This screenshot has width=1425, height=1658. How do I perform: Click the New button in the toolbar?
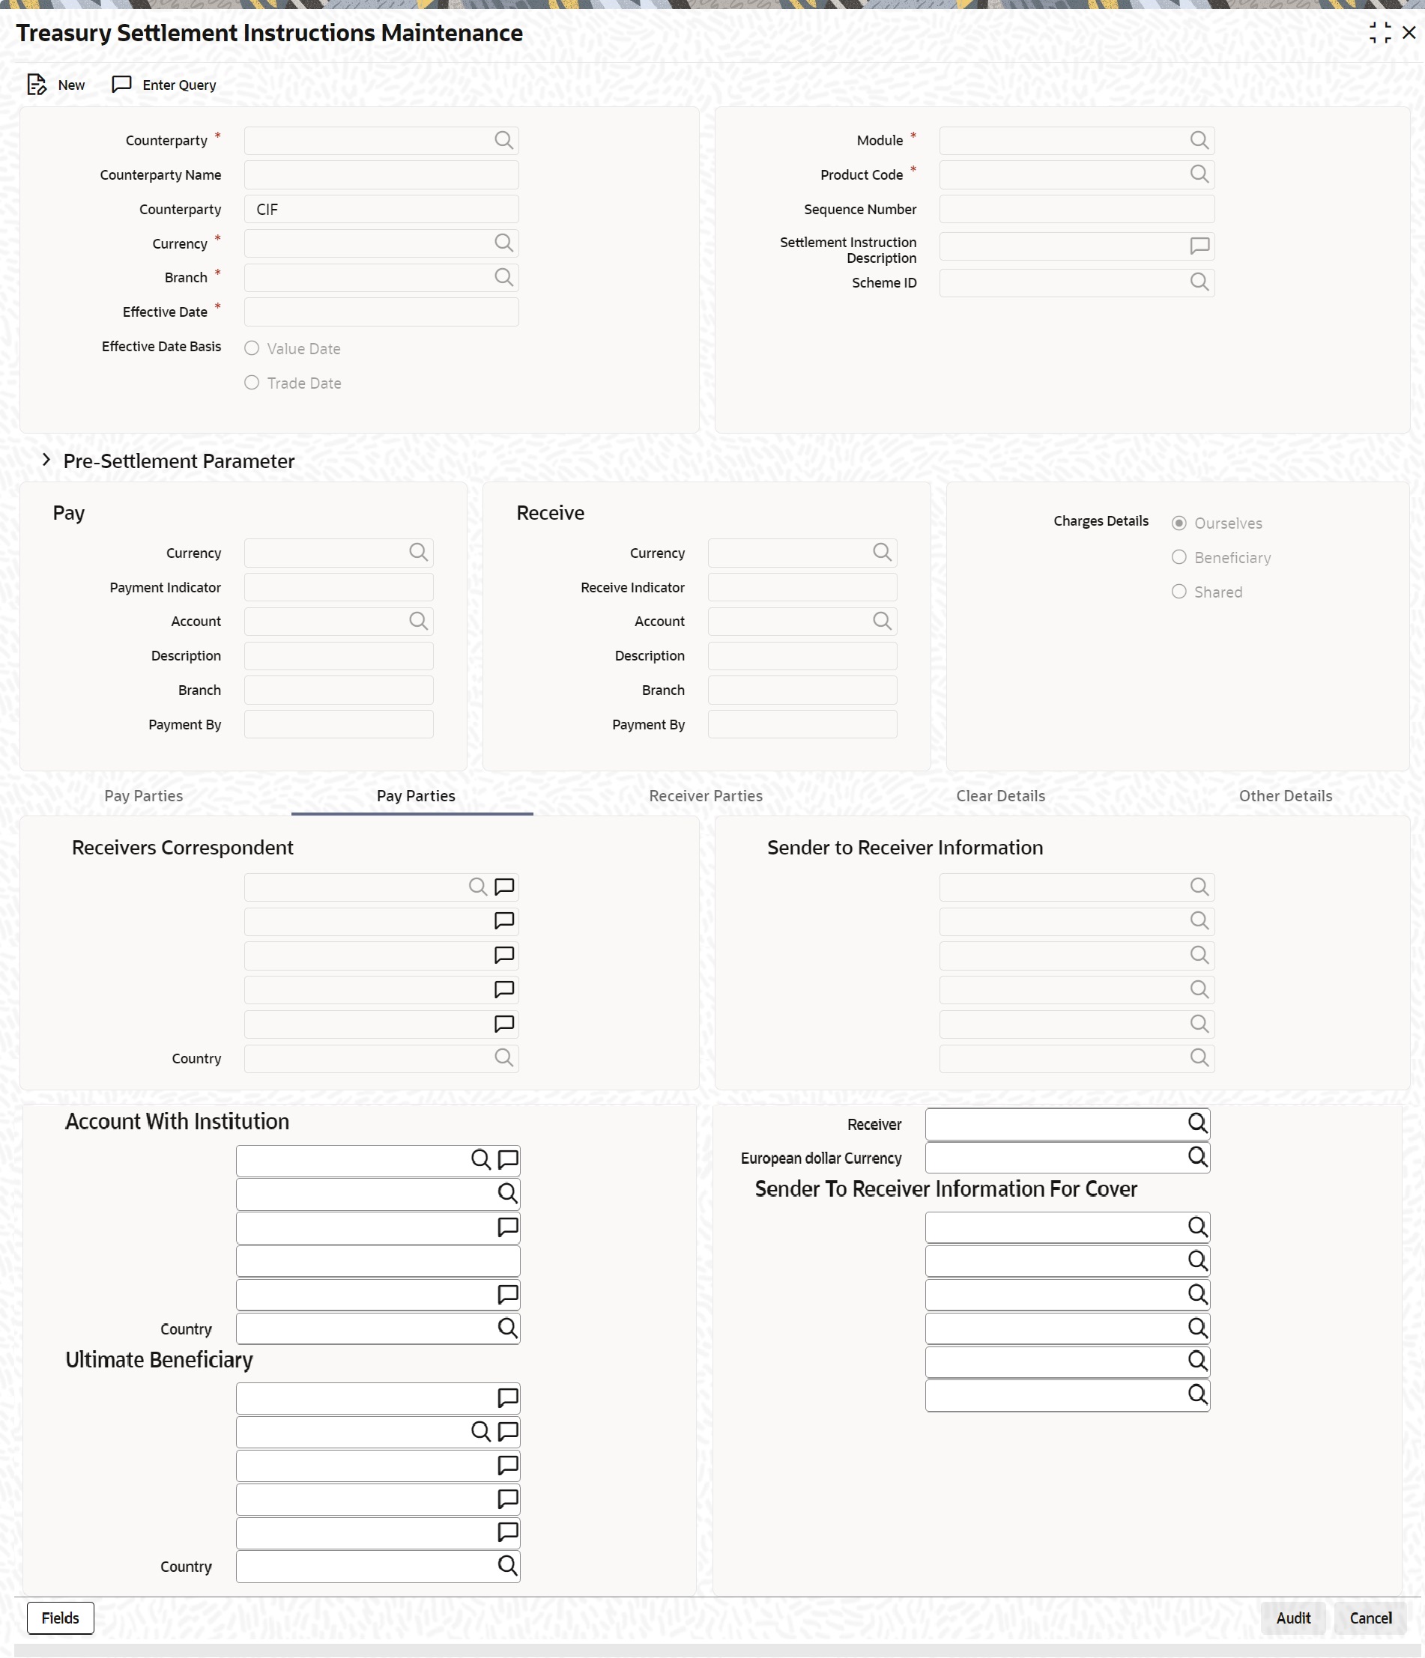click(x=56, y=85)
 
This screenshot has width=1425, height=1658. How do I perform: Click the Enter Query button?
click(x=164, y=85)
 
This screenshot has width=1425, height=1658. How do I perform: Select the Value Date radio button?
click(x=252, y=348)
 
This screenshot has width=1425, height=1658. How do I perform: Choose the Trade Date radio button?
click(x=252, y=383)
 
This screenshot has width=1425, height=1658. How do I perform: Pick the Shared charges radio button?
click(x=1179, y=592)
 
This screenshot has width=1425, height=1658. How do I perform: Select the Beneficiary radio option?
click(x=1179, y=557)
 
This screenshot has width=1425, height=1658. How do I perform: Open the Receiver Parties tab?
click(x=705, y=795)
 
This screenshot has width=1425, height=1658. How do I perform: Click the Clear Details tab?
click(x=1000, y=795)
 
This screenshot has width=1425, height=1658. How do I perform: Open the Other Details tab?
click(x=1285, y=795)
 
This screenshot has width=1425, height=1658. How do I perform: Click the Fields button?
click(x=60, y=1618)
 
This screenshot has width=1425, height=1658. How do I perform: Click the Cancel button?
click(x=1370, y=1618)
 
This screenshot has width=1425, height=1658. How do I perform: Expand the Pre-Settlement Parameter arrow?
click(x=46, y=460)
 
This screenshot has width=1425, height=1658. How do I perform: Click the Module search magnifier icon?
click(x=1199, y=140)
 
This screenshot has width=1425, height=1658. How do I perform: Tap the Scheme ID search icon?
click(x=1199, y=282)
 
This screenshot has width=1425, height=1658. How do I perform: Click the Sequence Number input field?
click(x=1075, y=209)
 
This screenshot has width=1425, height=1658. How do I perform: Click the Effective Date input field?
click(x=381, y=312)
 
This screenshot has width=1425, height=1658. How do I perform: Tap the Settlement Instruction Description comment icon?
click(x=1199, y=246)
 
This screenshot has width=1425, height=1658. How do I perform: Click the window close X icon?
click(x=1409, y=33)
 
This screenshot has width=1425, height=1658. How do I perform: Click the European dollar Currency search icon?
click(x=1196, y=1156)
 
